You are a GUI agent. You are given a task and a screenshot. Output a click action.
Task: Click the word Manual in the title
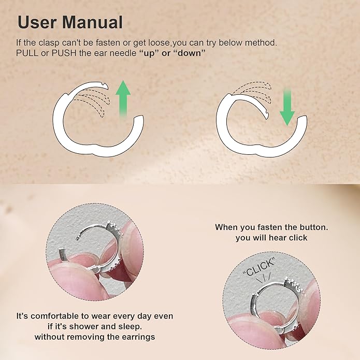pos(93,22)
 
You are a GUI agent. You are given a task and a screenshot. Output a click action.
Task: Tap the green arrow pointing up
pos(123,101)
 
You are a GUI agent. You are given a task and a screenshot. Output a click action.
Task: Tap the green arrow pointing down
pos(287,106)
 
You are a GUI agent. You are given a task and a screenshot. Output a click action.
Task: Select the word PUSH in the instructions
pos(68,53)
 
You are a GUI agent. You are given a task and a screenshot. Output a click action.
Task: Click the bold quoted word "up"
pos(150,53)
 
